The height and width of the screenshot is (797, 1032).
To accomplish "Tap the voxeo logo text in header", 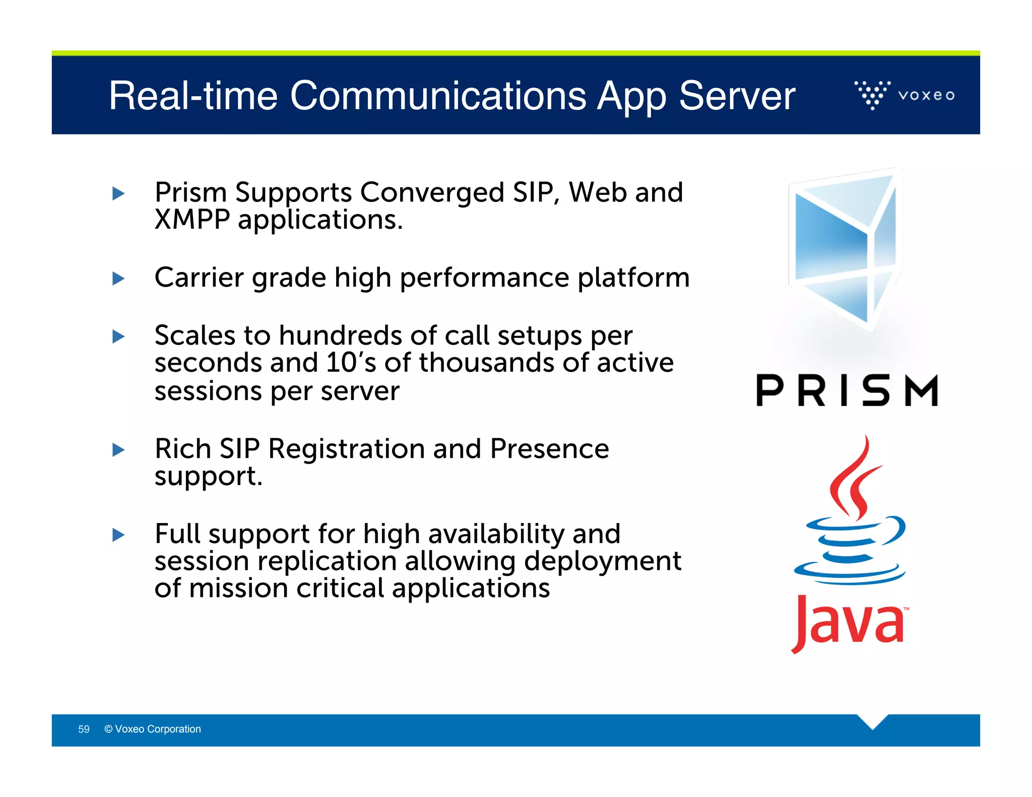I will point(926,95).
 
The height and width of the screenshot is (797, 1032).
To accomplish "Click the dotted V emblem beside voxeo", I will point(872,94).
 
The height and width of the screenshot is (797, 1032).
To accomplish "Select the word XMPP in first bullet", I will point(192,220).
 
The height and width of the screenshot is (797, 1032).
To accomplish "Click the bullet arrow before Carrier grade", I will point(118,278).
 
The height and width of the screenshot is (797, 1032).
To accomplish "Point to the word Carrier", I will point(198,278).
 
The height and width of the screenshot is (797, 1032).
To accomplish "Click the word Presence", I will point(549,448).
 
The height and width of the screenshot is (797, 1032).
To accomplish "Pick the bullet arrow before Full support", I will point(118,535).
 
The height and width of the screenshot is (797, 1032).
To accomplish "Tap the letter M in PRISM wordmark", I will point(921,391).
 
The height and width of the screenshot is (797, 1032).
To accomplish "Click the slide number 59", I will point(84,729).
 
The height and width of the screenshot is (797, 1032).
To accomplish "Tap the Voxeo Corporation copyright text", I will point(153,729).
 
